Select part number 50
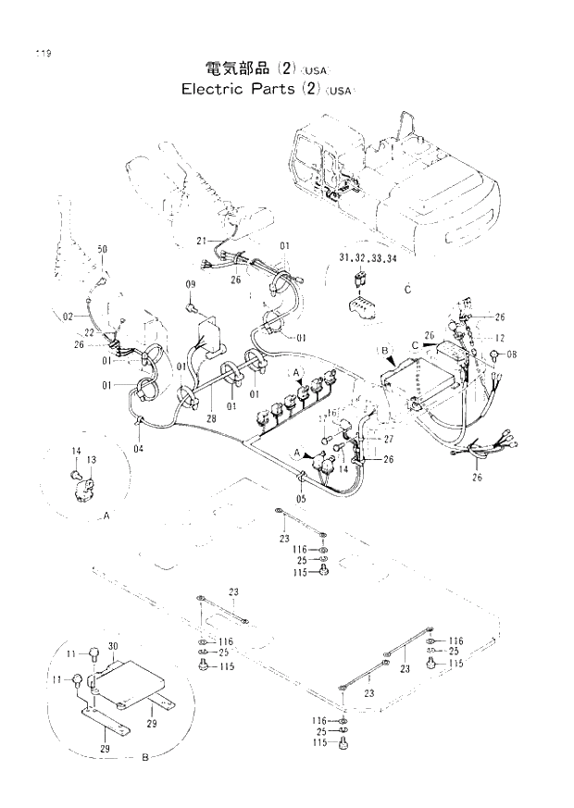pos(102,250)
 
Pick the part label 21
pos(201,241)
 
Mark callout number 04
pos(138,450)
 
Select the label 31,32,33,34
pos(368,258)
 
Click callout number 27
pos(389,440)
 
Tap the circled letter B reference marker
pos(385,351)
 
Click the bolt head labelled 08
pos(495,355)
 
